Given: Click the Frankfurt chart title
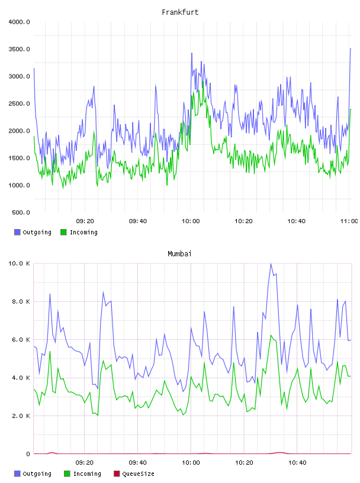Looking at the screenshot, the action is [180, 12].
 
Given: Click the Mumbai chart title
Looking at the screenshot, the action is [179, 254].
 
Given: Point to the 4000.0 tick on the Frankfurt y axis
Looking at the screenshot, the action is [19, 22].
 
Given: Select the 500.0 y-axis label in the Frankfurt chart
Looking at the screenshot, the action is [21, 212].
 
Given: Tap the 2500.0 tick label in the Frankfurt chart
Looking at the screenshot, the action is [19, 104].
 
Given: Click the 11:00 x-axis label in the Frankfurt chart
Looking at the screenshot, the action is [349, 221].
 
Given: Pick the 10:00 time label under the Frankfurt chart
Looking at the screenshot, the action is [191, 221].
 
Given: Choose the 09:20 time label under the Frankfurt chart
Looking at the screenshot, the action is [85, 221].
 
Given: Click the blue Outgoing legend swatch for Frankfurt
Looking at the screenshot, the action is [17, 232].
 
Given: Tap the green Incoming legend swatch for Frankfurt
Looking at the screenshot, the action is [63, 232].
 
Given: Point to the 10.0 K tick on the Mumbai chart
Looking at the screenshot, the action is [19, 263].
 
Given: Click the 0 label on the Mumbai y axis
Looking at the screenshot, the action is [28, 454].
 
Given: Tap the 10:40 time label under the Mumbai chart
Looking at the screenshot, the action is [297, 463].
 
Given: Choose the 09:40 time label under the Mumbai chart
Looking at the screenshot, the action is [137, 463].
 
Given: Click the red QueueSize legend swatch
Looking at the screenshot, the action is [117, 474].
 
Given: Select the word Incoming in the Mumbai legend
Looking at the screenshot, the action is [87, 474].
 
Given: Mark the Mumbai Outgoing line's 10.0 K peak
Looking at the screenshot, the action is [271, 264].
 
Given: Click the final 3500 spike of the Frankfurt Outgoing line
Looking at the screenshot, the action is [351, 49].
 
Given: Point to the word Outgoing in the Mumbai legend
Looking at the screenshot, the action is [37, 474].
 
